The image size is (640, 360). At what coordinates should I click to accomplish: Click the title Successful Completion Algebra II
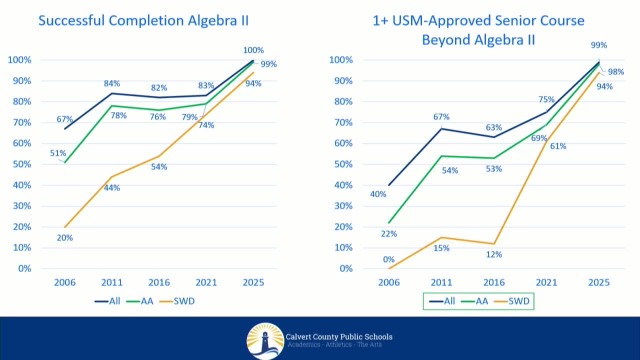click(143, 21)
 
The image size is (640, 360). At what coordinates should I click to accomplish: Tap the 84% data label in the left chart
click(112, 83)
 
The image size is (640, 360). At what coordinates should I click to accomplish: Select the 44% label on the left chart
click(112, 188)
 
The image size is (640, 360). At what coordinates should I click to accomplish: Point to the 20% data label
click(64, 238)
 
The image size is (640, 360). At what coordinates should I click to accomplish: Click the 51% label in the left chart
click(58, 153)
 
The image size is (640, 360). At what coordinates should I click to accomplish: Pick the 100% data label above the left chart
click(253, 50)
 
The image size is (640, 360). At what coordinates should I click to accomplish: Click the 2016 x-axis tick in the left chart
click(159, 282)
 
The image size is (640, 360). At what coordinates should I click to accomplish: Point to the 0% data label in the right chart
click(388, 259)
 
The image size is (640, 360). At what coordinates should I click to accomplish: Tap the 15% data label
click(441, 248)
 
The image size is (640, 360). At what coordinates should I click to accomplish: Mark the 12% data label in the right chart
click(493, 254)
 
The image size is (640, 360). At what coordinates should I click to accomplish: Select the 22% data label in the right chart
click(388, 233)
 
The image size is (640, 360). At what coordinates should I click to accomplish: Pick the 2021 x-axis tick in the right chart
click(546, 282)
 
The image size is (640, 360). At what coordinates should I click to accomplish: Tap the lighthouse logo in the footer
click(265, 340)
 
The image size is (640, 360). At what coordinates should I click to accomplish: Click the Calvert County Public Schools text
click(339, 336)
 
